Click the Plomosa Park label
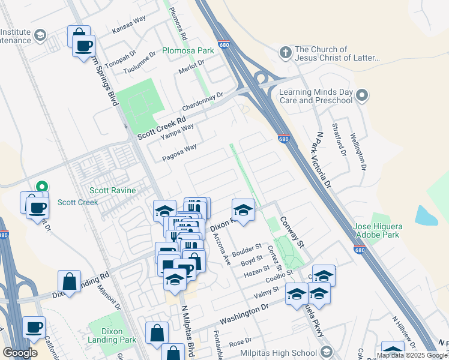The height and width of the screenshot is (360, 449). click(x=188, y=51)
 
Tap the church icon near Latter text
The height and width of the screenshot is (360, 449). click(x=286, y=53)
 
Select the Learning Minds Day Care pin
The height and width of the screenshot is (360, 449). click(x=361, y=95)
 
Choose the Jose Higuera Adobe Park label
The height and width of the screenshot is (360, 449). click(x=385, y=231)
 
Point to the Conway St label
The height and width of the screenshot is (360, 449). click(x=292, y=232)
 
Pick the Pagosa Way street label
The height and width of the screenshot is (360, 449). click(x=179, y=152)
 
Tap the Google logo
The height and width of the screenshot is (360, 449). click(x=20, y=353)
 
